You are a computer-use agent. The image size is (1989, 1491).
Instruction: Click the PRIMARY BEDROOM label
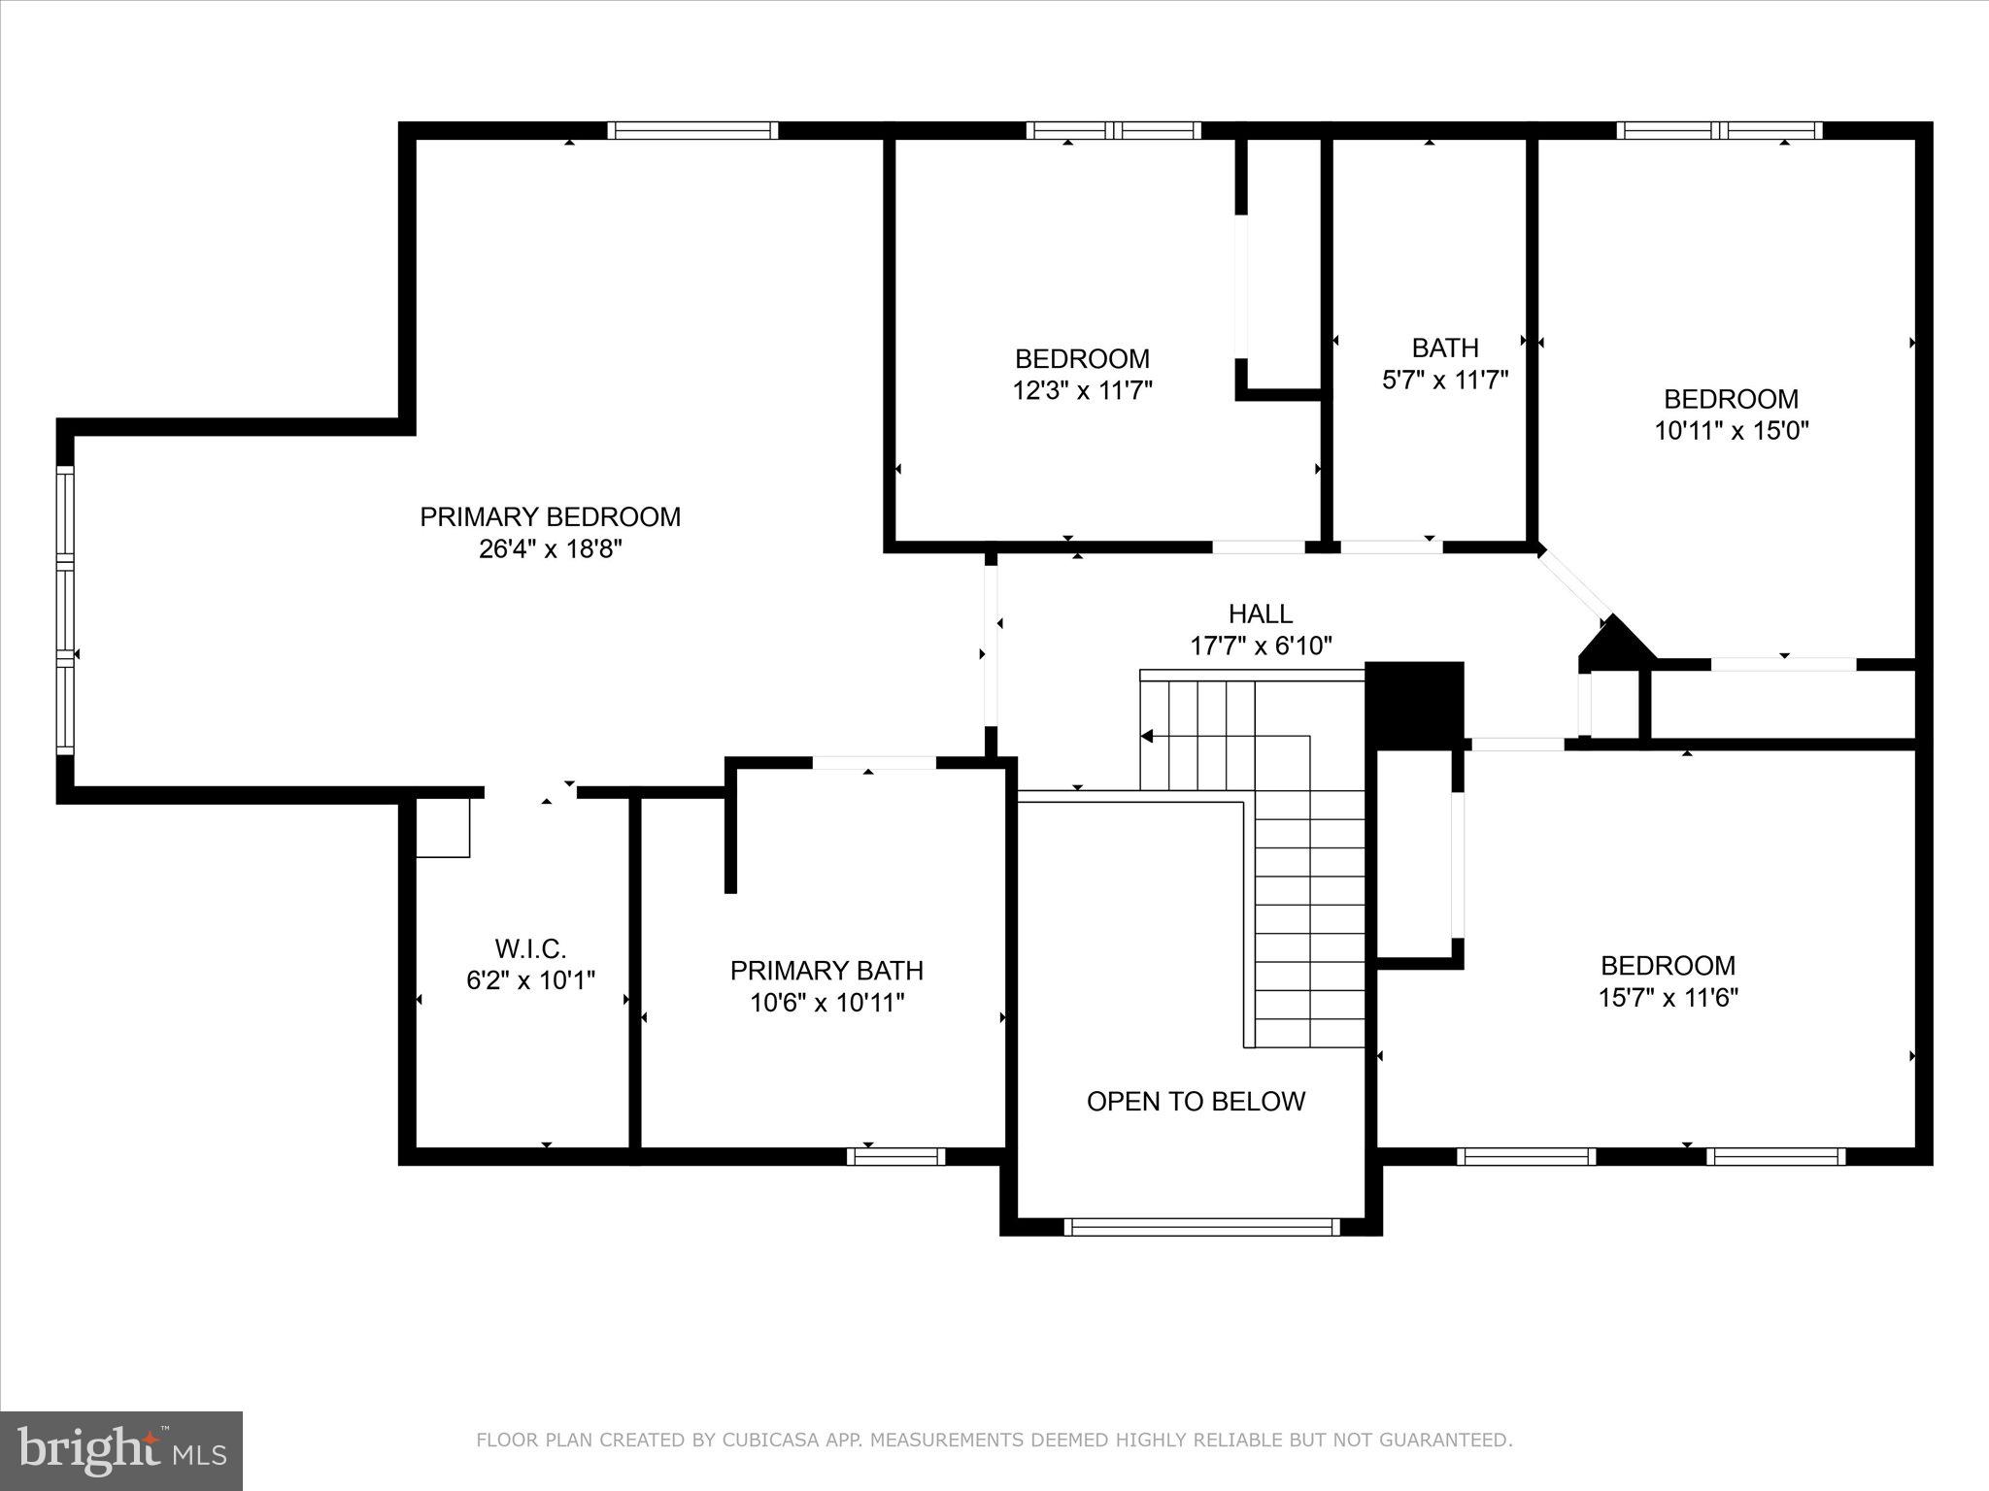pyautogui.click(x=550, y=516)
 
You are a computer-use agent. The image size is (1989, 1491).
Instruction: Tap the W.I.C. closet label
pyautogui.click(x=530, y=947)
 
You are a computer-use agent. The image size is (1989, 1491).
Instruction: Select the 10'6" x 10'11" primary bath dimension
pyautogui.click(x=827, y=1003)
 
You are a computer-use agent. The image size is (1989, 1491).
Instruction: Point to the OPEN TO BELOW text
pyautogui.click(x=1196, y=1101)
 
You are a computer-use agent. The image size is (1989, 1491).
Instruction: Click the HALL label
pyautogui.click(x=1261, y=613)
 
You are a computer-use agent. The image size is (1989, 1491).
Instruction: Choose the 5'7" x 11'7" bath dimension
pyautogui.click(x=1445, y=380)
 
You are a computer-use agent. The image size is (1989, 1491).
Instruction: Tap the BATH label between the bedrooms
pyautogui.click(x=1445, y=348)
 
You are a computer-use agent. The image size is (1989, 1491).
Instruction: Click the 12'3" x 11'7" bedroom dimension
pyautogui.click(x=1083, y=391)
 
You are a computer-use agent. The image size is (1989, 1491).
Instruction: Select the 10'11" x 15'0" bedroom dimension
pyautogui.click(x=1732, y=431)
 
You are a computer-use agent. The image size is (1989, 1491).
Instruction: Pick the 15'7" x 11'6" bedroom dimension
pyautogui.click(x=1669, y=998)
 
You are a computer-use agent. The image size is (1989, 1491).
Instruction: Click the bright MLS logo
pyautogui.click(x=121, y=1451)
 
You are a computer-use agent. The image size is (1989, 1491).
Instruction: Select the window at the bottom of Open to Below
pyautogui.click(x=1202, y=1227)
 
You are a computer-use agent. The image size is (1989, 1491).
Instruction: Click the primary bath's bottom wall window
pyautogui.click(x=895, y=1156)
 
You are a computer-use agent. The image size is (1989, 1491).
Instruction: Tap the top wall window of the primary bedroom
pyautogui.click(x=692, y=130)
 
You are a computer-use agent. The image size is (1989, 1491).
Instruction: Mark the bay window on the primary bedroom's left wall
pyautogui.click(x=65, y=610)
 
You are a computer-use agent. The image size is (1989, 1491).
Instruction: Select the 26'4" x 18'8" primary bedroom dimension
pyautogui.click(x=550, y=549)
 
